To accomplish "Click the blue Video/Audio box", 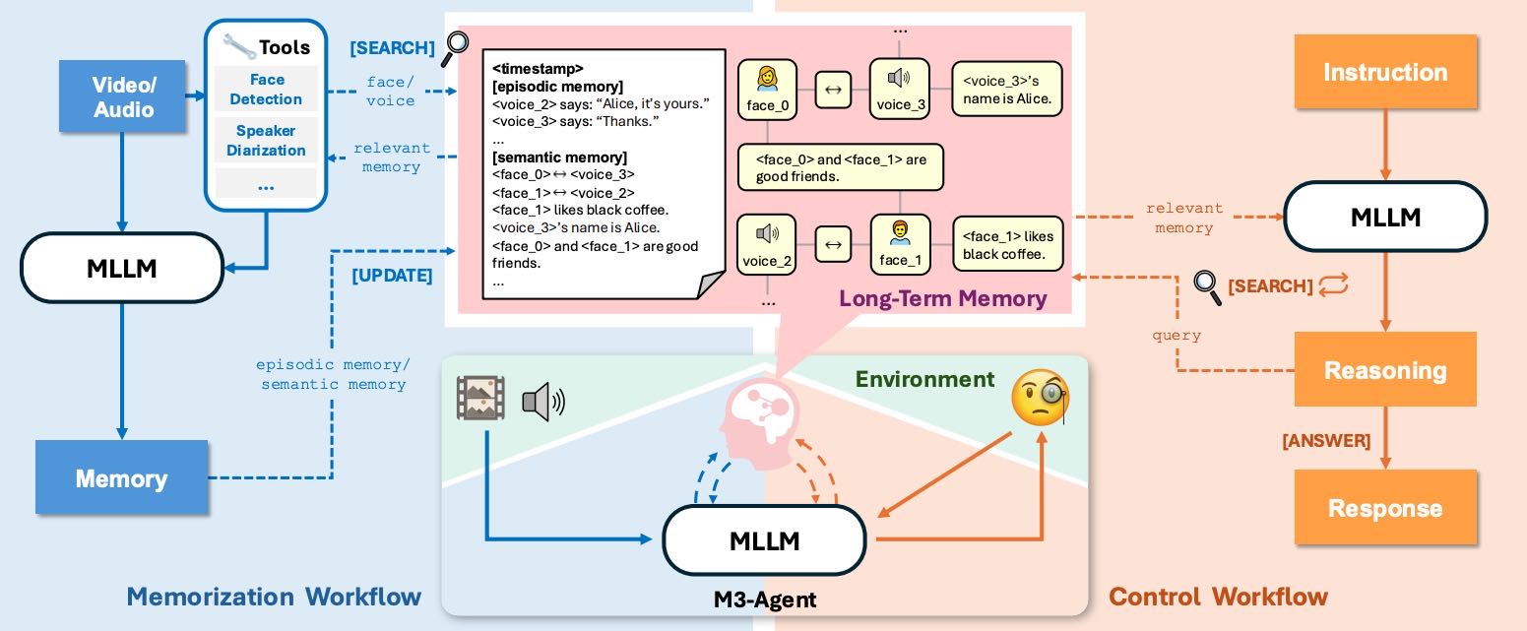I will coord(123,96).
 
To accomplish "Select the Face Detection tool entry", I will coord(266,89).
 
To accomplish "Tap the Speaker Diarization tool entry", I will coord(266,140).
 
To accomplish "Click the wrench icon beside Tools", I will coord(238,46).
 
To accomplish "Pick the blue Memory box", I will coord(121,477).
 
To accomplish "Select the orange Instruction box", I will coord(1384,73).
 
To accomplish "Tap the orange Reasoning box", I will coord(1384,370).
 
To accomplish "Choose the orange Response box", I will coord(1384,507).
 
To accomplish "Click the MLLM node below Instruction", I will coord(1384,218).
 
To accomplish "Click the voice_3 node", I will coord(899,90).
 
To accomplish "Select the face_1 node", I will coord(899,245).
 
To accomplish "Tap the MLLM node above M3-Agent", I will coord(764,539).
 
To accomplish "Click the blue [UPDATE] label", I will coord(392,276).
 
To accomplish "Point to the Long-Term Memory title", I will coord(942,297).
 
